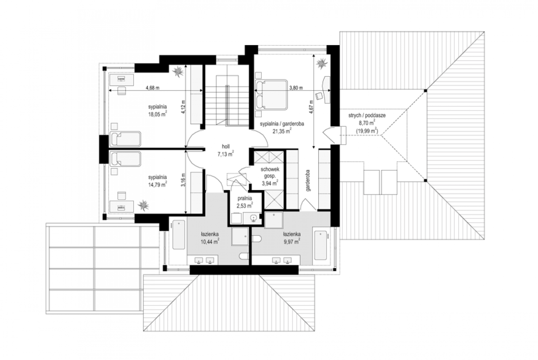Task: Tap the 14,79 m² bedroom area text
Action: point(158,185)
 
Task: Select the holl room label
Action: point(226,146)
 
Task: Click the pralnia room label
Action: point(245,198)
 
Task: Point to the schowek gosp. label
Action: point(270,173)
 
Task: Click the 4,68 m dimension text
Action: point(153,88)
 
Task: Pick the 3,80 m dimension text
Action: point(296,88)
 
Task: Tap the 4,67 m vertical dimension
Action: point(311,107)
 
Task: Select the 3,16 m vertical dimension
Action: point(183,180)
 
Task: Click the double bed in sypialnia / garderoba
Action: point(271,95)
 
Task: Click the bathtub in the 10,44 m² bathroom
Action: point(179,235)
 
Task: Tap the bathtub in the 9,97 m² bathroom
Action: point(321,245)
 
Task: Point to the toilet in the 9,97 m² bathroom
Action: point(257,239)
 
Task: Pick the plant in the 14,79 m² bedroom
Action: point(143,206)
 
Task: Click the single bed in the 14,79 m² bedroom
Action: point(125,159)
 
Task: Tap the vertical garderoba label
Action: point(308,180)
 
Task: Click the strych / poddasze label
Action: point(367,115)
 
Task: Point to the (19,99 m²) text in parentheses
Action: point(367,131)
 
